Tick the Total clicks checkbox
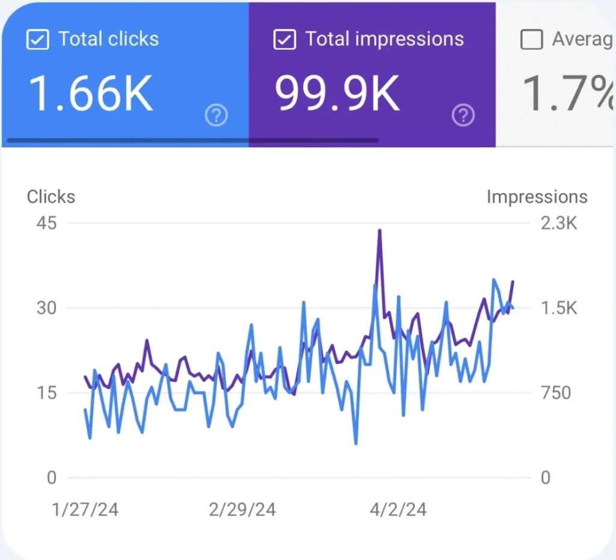coord(37,40)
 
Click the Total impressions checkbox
coord(284,40)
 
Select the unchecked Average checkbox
coord(531,40)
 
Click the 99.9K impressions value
coord(337,94)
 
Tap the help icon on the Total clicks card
coord(216,115)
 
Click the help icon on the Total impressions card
coord(463,115)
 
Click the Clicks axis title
coord(51,197)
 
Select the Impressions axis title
coord(537,197)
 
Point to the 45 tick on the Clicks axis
coord(46,223)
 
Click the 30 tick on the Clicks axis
coord(46,308)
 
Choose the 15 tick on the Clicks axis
coord(46,393)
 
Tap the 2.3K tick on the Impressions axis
coord(559,223)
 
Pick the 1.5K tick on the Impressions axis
coord(559,308)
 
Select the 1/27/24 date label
coord(85,510)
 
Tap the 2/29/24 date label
coord(242,510)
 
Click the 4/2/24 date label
coord(397,510)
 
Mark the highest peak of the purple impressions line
coord(380,230)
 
